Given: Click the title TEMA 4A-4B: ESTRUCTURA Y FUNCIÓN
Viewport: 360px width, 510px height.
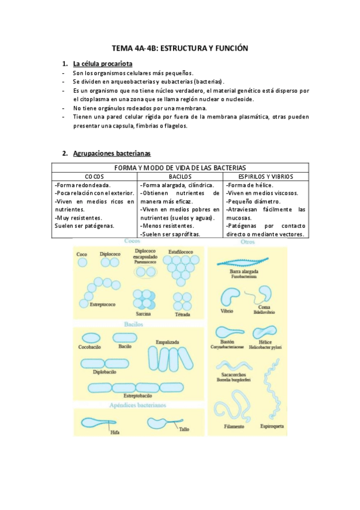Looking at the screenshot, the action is click(x=180, y=48).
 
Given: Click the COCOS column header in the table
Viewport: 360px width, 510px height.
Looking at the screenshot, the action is click(x=94, y=177).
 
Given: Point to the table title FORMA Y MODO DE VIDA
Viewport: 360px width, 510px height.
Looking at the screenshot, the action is click(x=180, y=168).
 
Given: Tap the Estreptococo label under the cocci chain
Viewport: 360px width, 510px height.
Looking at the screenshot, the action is click(x=103, y=305).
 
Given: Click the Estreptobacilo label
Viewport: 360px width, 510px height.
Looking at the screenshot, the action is click(x=138, y=396).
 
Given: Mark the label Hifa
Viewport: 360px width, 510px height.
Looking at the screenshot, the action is click(x=114, y=431).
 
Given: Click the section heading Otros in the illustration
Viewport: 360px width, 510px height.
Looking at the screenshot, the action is click(x=248, y=242).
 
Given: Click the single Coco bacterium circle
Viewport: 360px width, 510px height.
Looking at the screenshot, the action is click(x=82, y=262).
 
